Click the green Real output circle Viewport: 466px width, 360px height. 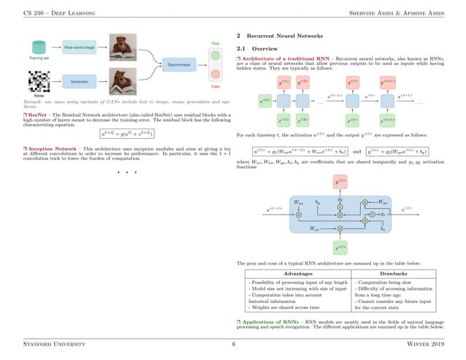click(x=215, y=55)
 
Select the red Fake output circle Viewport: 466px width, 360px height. click(x=215, y=74)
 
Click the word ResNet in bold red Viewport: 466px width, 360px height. click(x=39, y=115)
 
